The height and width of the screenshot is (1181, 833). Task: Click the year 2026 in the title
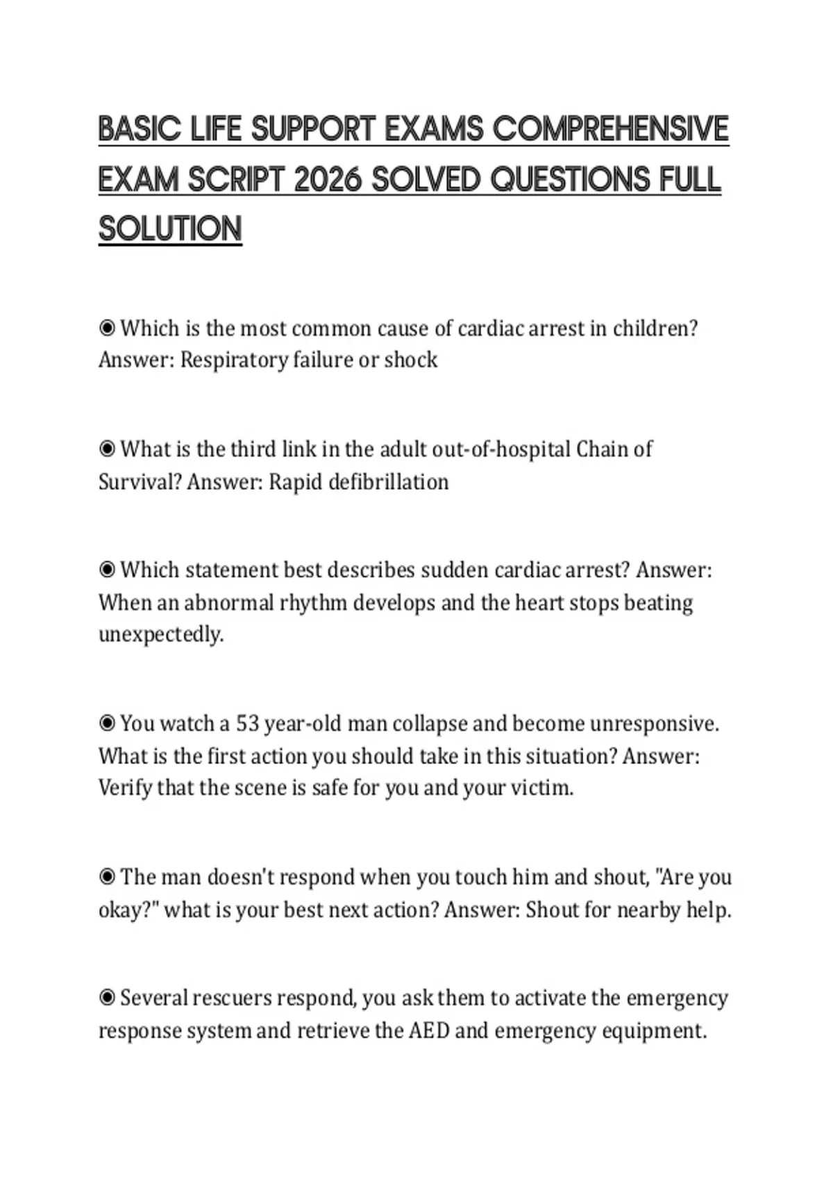click(x=328, y=180)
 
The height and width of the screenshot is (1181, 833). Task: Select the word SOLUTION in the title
click(x=170, y=229)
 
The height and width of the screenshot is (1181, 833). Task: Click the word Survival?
click(x=140, y=481)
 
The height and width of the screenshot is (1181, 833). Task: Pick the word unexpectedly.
click(x=161, y=634)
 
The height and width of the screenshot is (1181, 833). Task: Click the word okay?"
click(x=128, y=909)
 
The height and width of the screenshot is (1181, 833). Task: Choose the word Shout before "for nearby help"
click(x=552, y=909)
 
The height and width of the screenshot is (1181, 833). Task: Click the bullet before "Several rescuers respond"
click(x=107, y=998)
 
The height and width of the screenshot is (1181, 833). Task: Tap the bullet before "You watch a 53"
click(x=107, y=724)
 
